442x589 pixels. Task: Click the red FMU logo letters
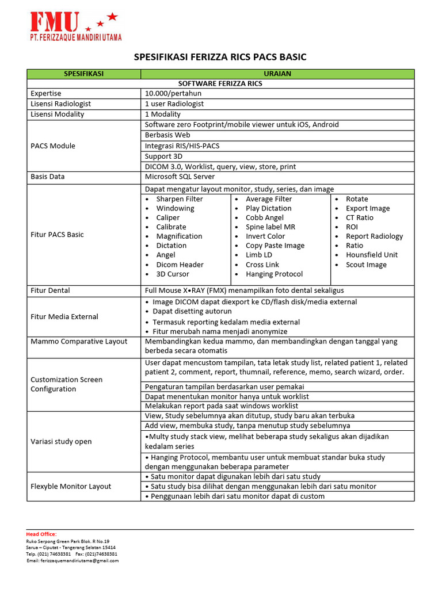(x=55, y=22)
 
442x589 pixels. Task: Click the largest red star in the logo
(x=112, y=17)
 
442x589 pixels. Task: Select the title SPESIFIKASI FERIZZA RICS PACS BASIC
(x=220, y=57)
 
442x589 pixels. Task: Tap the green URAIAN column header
(x=277, y=74)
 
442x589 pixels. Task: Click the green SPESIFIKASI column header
(x=83, y=74)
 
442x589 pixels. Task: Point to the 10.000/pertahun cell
(x=173, y=93)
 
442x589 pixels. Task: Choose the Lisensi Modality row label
(x=57, y=114)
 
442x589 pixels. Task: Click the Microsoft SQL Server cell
(x=180, y=177)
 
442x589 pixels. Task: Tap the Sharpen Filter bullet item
(x=179, y=199)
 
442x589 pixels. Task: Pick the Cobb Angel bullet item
(x=264, y=217)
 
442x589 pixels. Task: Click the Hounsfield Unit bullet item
(x=371, y=255)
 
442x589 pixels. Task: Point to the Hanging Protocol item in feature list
(x=274, y=274)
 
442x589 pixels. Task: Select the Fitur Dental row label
(x=50, y=290)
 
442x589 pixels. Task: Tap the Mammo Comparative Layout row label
(x=79, y=341)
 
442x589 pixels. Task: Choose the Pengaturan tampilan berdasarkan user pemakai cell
(x=224, y=387)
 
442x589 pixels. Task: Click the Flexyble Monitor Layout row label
(x=71, y=486)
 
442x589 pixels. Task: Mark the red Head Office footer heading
(x=41, y=534)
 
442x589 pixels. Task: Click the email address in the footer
(x=72, y=560)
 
